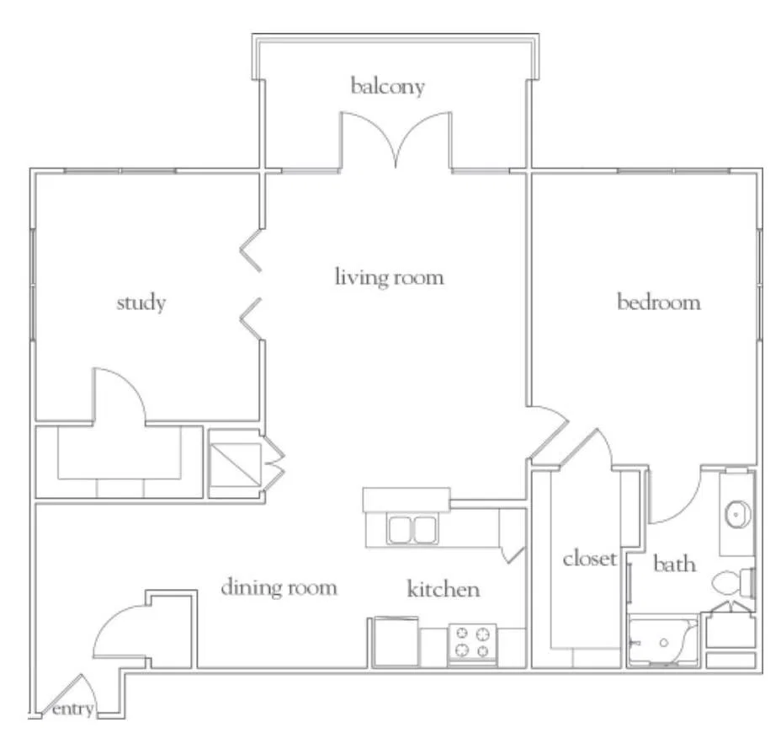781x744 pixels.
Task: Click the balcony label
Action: pos(387,86)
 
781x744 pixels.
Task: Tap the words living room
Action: pos(389,276)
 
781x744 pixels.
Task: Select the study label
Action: pos(141,302)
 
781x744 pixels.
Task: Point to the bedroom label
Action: pos(658,302)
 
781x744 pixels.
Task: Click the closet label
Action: pos(590,558)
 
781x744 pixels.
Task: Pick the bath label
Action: pos(674,564)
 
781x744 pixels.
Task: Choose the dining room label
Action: pos(279,587)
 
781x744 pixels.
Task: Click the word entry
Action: pos(72,709)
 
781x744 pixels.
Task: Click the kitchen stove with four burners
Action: pos(472,644)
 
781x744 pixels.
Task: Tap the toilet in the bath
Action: pos(733,582)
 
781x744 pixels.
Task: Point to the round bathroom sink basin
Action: pos(738,515)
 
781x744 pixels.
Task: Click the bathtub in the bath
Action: pos(663,641)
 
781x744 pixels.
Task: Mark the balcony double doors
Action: pos(396,140)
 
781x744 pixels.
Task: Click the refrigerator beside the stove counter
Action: pos(396,642)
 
